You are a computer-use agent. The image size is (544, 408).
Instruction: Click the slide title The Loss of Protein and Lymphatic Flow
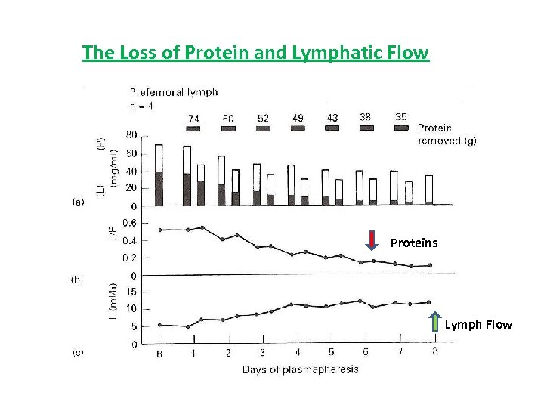[255, 53]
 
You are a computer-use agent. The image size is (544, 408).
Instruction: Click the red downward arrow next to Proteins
[372, 240]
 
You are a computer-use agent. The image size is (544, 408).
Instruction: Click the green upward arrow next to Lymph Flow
[434, 321]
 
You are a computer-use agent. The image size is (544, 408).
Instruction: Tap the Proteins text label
[414, 243]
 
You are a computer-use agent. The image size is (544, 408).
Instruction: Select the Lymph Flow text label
[478, 325]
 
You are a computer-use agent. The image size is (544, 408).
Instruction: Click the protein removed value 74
[193, 118]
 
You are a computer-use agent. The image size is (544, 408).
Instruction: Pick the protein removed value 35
[402, 117]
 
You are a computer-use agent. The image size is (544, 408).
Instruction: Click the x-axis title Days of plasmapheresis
[300, 369]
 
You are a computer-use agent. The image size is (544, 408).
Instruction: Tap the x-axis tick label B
[159, 353]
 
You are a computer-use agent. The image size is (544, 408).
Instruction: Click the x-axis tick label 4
[297, 353]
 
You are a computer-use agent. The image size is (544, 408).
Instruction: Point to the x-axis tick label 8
[435, 351]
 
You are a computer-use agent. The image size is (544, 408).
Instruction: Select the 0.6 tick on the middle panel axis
[130, 223]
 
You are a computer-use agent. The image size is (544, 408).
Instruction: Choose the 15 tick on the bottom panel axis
[131, 292]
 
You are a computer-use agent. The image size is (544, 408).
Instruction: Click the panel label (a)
[78, 202]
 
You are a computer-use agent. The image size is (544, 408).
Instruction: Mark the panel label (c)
[78, 351]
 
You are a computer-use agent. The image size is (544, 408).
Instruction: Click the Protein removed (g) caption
[447, 134]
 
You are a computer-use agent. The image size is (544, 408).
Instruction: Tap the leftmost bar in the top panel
[159, 175]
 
